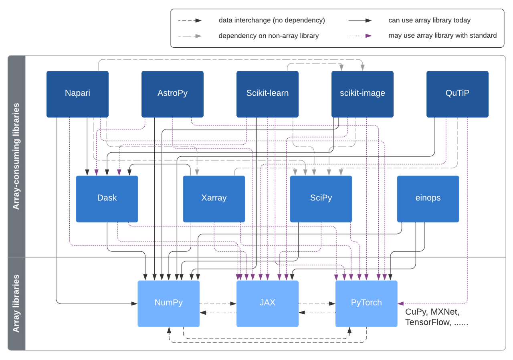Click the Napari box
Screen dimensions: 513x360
pos(77,94)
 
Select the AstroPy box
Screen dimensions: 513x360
pos(172,94)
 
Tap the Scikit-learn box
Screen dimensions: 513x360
pos(267,94)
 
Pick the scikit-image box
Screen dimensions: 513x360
pos(363,94)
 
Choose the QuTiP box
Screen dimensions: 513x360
pos(458,94)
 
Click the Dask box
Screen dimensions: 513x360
pos(107,199)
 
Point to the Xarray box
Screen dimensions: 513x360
pos(214,199)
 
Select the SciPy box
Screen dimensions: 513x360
pos(321,199)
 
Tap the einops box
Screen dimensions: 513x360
pos(428,199)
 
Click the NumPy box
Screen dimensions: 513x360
pos(169,303)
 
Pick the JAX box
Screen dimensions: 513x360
pos(267,303)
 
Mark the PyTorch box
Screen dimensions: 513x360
pos(366,303)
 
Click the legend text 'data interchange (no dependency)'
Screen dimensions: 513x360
pos(272,20)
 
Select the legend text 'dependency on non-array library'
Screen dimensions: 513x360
pos(269,36)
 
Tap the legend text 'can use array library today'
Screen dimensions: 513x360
pos(429,20)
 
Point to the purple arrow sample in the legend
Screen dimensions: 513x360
pos(360,36)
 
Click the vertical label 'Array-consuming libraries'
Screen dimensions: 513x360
pos(16,156)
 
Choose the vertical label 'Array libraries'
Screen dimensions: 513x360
pos(16,303)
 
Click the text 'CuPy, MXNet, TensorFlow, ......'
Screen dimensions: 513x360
pos(436,317)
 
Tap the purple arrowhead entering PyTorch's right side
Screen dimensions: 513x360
pos(400,303)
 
